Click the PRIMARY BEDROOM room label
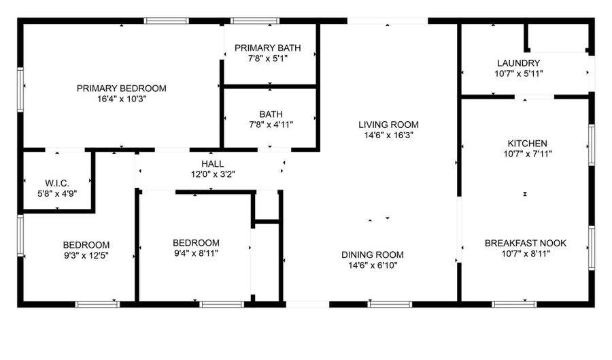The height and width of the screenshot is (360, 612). tap(122, 88)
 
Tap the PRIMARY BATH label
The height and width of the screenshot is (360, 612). tap(268, 48)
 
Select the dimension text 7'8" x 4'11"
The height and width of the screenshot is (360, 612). tap(271, 125)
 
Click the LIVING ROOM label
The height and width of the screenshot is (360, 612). tap(388, 125)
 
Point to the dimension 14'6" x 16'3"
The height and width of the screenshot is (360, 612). tap(389, 135)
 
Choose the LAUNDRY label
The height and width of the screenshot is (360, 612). tap(518, 63)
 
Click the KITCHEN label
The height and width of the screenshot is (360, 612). tap(527, 144)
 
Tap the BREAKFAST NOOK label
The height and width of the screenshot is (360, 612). tap(526, 243)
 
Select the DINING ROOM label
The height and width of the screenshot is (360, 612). tap(373, 255)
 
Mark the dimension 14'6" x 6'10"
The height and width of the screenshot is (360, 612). tap(373, 265)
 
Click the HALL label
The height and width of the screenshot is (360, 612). tap(213, 163)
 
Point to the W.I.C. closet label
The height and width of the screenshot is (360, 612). tap(57, 183)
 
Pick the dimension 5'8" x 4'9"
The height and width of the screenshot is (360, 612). tap(57, 193)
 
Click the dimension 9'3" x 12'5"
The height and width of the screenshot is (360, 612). tap(86, 256)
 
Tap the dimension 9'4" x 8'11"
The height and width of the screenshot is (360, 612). tap(196, 253)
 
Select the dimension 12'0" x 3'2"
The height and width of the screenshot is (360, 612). tap(213, 174)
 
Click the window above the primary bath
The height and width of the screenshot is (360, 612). tap(254, 20)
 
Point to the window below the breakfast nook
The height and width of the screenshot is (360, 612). tap(514, 304)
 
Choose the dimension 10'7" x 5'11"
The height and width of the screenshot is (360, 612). tap(519, 73)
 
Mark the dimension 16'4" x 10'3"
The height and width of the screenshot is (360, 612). tap(122, 99)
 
